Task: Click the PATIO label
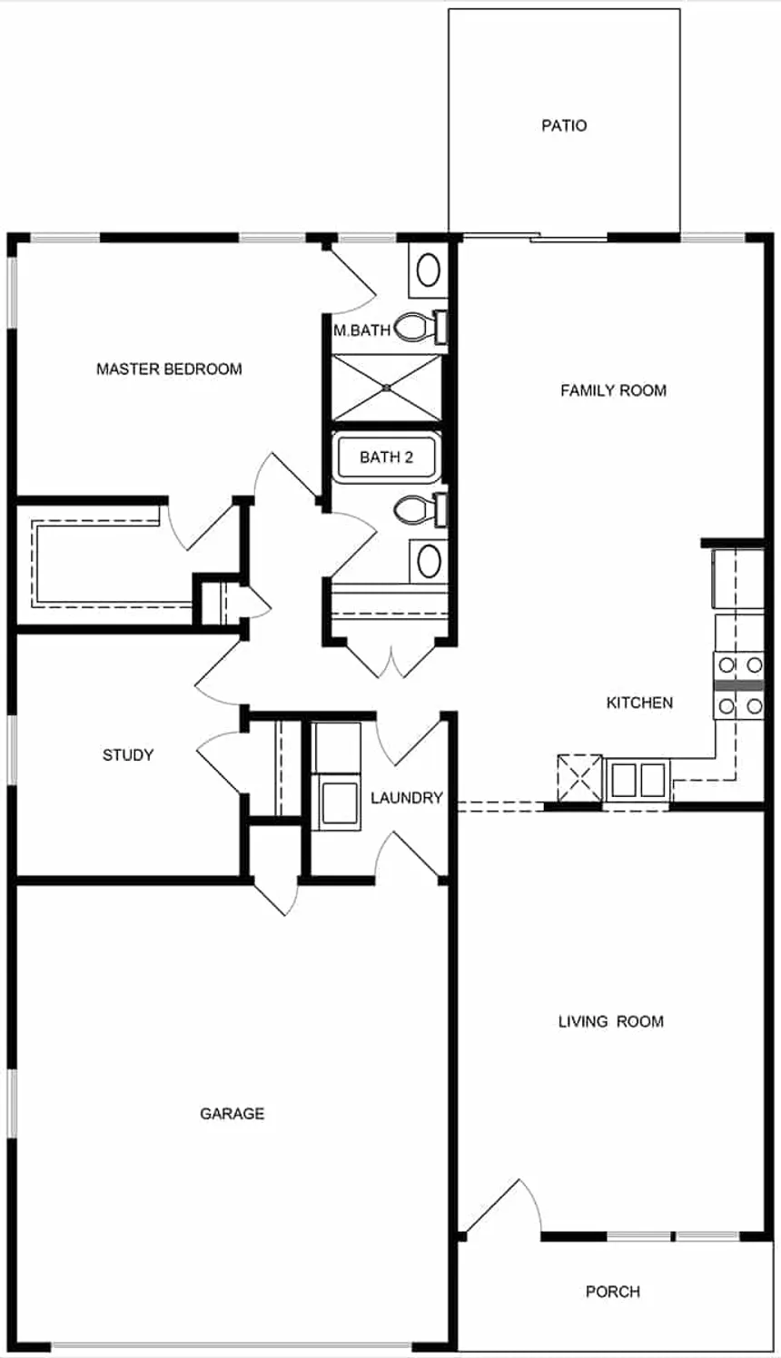pos(564,125)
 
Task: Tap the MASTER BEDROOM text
pos(169,369)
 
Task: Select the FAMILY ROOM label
pos(613,390)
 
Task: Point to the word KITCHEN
pos(639,703)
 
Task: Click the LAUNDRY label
pos(407,798)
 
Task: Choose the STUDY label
pos(128,754)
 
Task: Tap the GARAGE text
pos(232,1114)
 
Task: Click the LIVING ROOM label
pos(610,1021)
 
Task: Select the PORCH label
pos(612,1292)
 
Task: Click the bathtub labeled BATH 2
pos(386,457)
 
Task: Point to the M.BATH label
pos(362,330)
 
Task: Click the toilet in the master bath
pos(420,327)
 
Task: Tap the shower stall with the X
pos(387,388)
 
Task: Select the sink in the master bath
pos(429,270)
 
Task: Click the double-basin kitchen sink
pos(638,780)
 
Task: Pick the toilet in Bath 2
pos(420,510)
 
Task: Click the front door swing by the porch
pos(503,1205)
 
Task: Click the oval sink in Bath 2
pos(430,561)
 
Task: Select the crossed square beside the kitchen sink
pos(579,778)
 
